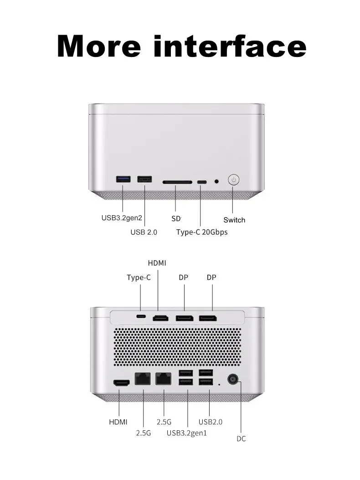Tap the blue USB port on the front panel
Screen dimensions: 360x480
123,179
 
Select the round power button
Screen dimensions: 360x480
233,180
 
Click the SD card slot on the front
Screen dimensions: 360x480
177,182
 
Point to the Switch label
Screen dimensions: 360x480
234,220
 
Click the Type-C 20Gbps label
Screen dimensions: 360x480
201,232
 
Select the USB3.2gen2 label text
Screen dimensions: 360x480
122,218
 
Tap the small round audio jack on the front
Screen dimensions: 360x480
216,181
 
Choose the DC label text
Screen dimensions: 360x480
241,439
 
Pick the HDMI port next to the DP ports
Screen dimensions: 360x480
160,318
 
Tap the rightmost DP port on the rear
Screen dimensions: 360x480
208,318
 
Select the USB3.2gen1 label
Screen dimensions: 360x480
187,433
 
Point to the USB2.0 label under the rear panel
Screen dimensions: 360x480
211,422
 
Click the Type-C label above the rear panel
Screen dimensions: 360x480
139,277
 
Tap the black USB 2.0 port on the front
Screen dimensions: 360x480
144,179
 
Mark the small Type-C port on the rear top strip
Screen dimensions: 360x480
141,316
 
